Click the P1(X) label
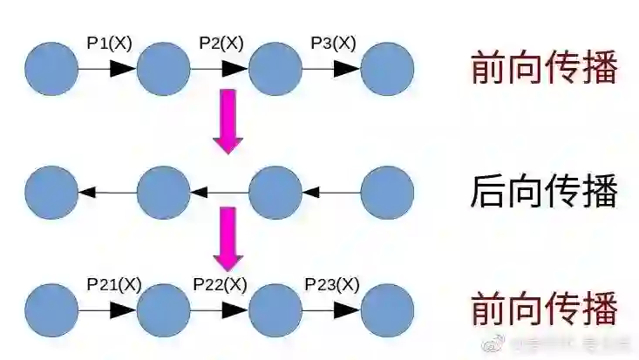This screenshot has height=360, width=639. [x=109, y=44]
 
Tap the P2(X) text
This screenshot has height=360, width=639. [x=221, y=44]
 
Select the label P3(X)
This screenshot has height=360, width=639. [x=333, y=44]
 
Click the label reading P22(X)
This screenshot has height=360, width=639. [x=220, y=284]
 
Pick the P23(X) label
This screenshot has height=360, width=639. [x=332, y=284]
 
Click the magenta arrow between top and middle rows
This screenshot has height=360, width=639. [x=228, y=120]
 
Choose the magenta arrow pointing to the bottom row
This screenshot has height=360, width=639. [x=228, y=238]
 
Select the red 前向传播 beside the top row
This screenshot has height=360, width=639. [x=544, y=69]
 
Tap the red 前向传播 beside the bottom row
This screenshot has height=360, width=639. [x=544, y=310]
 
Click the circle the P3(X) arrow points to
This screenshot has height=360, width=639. [x=387, y=68]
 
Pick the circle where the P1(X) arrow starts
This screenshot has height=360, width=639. [x=51, y=68]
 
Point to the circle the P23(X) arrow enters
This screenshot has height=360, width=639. [x=387, y=310]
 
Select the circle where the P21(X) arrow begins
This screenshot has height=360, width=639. [x=51, y=310]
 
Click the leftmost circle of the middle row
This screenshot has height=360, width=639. [x=51, y=191]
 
